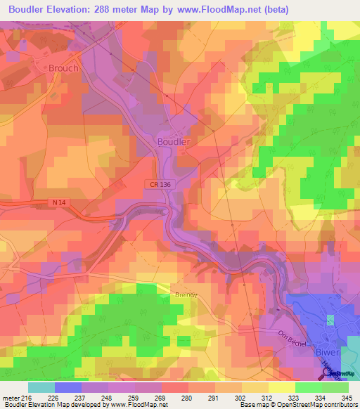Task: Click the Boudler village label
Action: coord(172,141)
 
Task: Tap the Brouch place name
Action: coord(63,68)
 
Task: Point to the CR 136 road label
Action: coord(160,183)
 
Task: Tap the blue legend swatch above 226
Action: coord(68,387)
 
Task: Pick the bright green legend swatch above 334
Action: coord(309,387)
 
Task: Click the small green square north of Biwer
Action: coord(330,320)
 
